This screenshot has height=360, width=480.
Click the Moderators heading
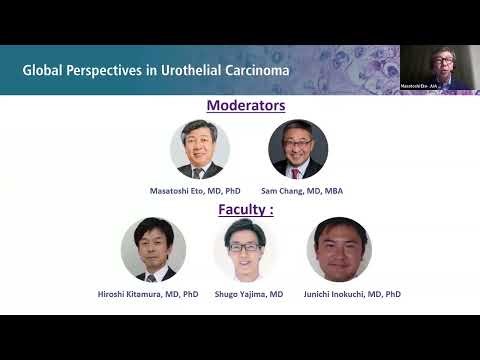click(246, 105)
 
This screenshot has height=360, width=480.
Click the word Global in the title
click(47, 70)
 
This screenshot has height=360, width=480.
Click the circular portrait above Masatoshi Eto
click(200, 149)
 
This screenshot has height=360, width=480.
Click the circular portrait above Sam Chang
click(298, 149)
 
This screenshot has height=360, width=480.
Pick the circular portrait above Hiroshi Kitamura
click(153, 250)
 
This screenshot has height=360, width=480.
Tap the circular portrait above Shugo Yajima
click(245, 250)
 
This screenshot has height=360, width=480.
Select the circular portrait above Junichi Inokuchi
click(339, 250)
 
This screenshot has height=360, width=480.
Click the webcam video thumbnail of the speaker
click(440, 68)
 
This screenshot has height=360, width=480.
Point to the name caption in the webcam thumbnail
click(420, 88)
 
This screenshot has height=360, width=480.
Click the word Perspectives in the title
click(120, 70)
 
